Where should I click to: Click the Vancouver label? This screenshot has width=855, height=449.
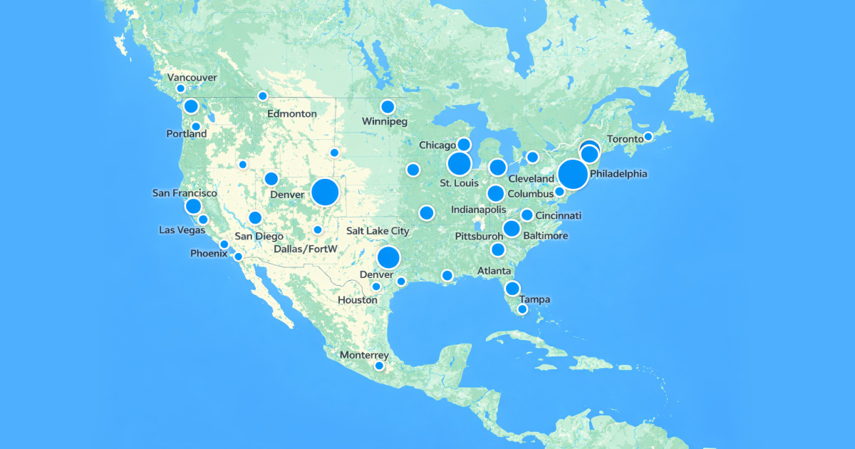point(192,77)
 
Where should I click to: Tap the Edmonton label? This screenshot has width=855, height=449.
point(291,113)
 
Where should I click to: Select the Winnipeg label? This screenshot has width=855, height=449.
point(385,121)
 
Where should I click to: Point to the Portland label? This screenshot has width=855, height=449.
point(187,133)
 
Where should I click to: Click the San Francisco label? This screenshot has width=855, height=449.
point(185,193)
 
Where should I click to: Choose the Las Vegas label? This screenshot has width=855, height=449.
point(181,229)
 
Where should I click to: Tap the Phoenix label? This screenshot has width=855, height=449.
point(209,253)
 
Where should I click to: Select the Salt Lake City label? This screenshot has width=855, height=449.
point(378,230)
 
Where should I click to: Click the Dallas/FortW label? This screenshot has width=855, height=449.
point(306,249)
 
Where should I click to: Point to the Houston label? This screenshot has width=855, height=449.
point(358,300)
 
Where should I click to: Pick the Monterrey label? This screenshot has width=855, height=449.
point(364,355)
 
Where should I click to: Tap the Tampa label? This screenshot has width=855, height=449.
point(534,299)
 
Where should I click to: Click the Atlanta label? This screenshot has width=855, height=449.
point(494,271)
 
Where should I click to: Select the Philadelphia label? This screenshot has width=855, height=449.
point(618,173)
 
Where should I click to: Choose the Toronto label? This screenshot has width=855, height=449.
point(624,139)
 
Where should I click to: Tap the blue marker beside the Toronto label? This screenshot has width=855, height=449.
point(648,137)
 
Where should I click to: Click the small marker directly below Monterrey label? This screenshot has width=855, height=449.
point(379,366)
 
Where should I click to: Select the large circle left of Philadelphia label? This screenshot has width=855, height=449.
point(573,174)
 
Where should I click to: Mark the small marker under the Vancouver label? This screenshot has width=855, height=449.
point(180,88)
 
